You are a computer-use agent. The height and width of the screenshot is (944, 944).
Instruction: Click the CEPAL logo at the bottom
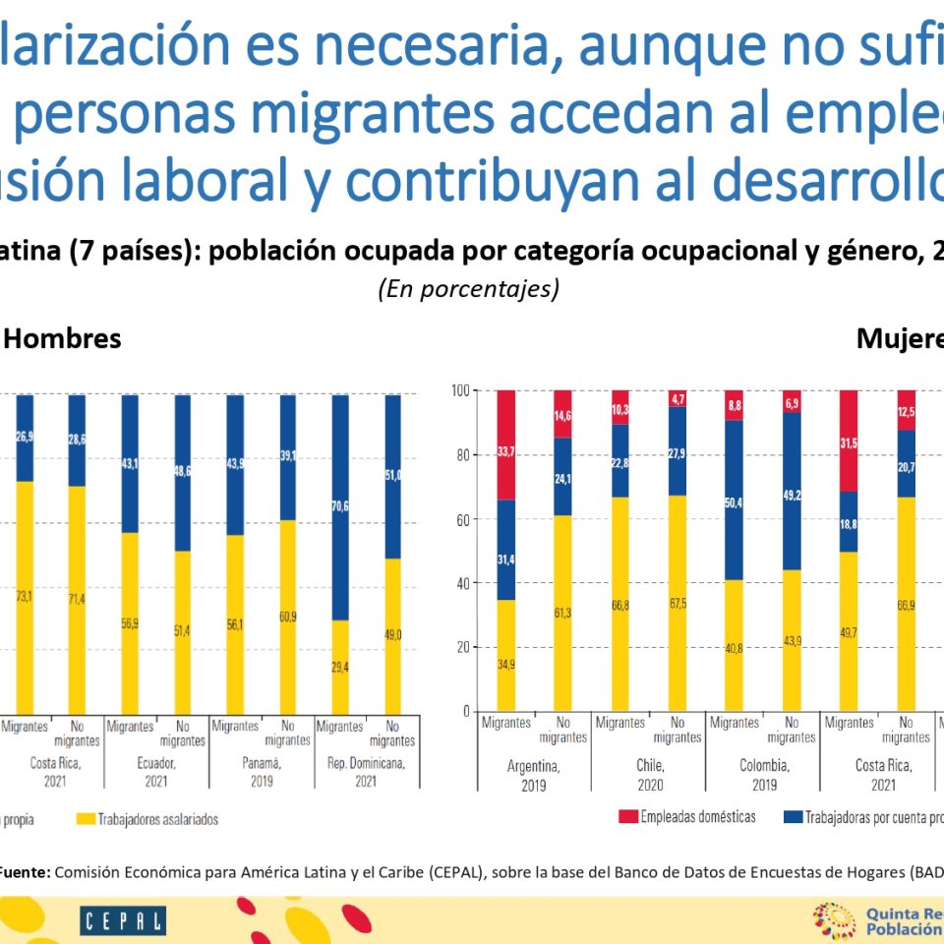[x=123, y=921]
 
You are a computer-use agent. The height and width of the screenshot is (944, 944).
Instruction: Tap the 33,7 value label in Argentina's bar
[x=505, y=452]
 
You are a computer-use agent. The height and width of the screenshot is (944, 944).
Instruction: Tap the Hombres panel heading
[x=64, y=339]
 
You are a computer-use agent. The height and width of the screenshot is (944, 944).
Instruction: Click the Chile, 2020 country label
[x=648, y=775]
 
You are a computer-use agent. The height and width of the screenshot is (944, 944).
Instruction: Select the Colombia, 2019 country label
[x=762, y=775]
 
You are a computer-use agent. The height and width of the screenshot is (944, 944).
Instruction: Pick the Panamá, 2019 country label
[x=260, y=775]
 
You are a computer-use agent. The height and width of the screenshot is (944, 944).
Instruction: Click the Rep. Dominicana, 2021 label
[x=365, y=775]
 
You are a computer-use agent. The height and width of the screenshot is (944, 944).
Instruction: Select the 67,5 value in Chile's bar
[x=678, y=604]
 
